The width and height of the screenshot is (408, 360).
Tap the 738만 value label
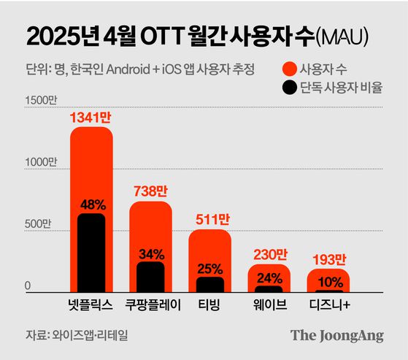tap(150, 191)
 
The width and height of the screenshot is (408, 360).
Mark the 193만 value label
tap(328, 258)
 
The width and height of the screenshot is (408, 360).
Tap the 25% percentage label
tap(209, 267)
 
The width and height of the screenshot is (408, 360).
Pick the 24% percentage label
tap(269, 277)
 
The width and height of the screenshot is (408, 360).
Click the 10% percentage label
tap(328, 281)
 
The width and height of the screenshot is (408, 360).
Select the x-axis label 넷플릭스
tap(91, 304)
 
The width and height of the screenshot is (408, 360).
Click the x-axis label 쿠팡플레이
tap(150, 304)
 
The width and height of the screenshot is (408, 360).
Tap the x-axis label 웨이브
tap(269, 304)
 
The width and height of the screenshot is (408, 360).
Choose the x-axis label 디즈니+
tap(328, 304)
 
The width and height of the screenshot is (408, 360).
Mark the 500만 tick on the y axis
tap(36, 223)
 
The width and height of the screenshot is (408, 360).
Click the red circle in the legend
tap(289, 69)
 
